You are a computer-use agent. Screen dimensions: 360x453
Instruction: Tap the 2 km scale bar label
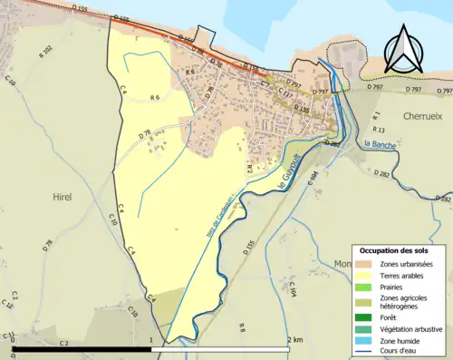click(295, 339)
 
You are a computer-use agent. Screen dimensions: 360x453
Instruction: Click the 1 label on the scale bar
click(150, 339)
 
